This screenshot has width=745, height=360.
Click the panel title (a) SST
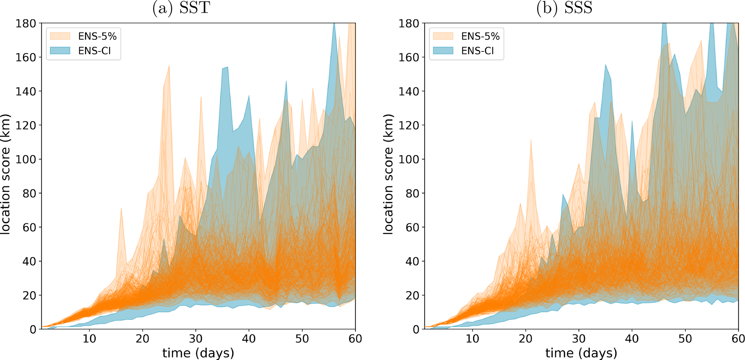[x=181, y=8]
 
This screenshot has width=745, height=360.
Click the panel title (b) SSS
[x=564, y=8]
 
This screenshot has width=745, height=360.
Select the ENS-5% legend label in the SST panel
[x=97, y=36]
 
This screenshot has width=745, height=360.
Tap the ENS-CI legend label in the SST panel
[x=94, y=51]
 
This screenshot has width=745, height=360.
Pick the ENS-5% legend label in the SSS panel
[x=480, y=36]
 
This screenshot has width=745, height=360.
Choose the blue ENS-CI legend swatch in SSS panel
[x=443, y=51]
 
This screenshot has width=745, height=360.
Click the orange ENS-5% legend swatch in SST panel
[x=60, y=36]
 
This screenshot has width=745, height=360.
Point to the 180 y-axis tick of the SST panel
[x=26, y=23]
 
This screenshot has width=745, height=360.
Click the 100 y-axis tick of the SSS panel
[x=409, y=159]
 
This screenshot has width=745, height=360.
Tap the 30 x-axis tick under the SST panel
[x=196, y=339]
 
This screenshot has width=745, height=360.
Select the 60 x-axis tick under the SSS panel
[x=738, y=339]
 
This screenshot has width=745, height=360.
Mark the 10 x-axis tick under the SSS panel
[x=472, y=339]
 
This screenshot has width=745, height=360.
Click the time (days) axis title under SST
[x=198, y=353]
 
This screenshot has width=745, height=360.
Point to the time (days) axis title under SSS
[x=581, y=353]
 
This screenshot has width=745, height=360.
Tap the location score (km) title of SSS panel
[x=388, y=174]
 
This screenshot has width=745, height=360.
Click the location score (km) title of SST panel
[x=5, y=174]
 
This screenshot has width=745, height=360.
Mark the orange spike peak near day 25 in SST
[x=169, y=66]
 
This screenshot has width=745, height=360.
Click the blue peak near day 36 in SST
[x=227, y=67]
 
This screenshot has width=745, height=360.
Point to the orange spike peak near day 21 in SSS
[x=531, y=139]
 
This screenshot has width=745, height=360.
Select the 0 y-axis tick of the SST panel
[x=33, y=329]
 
